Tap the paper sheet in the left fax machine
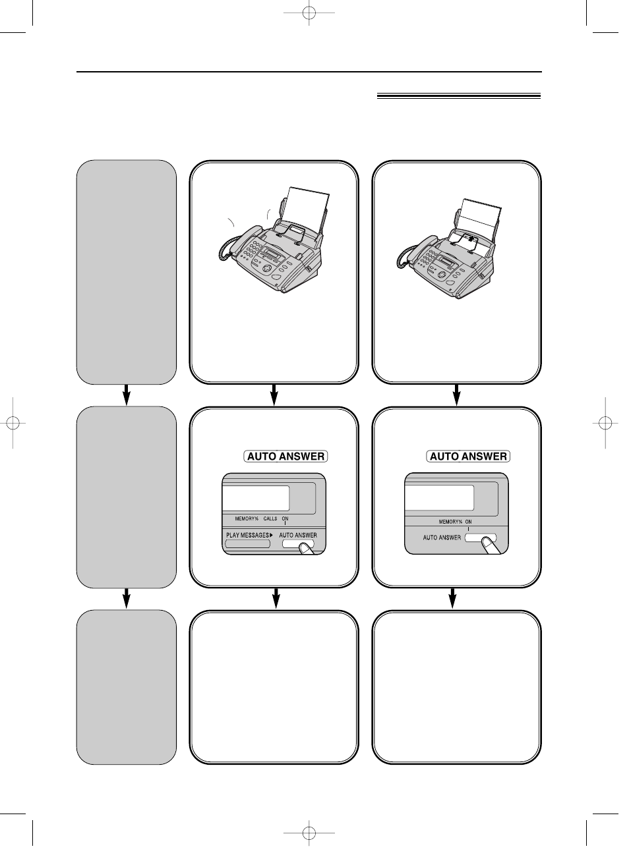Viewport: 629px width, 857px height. [307, 211]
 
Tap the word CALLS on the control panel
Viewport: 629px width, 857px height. [270, 519]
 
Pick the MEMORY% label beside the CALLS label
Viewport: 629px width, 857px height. [247, 519]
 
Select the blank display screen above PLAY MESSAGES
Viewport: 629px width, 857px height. [256, 498]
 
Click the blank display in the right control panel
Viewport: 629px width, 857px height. [439, 498]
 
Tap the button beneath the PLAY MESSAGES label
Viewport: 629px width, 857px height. [248, 544]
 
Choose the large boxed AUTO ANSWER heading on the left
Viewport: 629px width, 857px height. [285, 456]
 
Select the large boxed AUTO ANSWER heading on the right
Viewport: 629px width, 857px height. [468, 456]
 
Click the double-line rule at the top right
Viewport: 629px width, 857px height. [458, 96]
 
